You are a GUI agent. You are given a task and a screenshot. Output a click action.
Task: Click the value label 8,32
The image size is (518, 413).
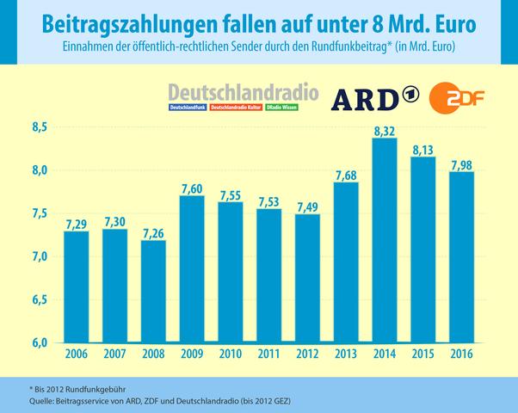click(385, 129)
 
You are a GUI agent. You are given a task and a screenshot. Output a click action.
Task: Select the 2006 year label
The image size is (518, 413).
click(77, 353)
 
